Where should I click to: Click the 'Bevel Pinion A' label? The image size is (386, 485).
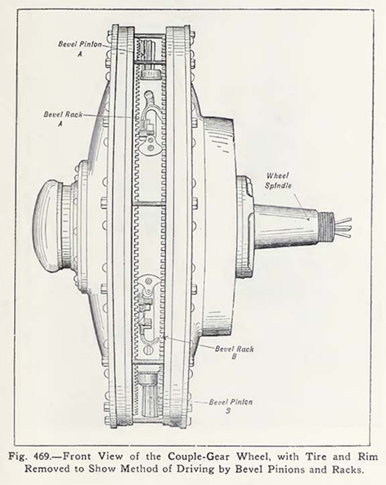pos(80,48)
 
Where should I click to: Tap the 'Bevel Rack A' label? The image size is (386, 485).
pos(63,119)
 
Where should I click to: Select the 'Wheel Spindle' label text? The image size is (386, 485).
pos(278,181)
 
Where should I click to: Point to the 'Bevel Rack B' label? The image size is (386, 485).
pos(235,352)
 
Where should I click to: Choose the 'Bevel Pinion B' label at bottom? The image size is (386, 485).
pos(231,406)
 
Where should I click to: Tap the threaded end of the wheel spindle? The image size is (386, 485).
pos(326,226)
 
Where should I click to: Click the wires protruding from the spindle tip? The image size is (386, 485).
pos(343,228)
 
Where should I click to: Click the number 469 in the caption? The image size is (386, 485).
pos(42,457)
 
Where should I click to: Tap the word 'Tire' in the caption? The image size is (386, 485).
pos(316,457)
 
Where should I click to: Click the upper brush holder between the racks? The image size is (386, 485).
pos(149,125)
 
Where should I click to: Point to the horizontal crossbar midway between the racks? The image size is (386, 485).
pos(149,204)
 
